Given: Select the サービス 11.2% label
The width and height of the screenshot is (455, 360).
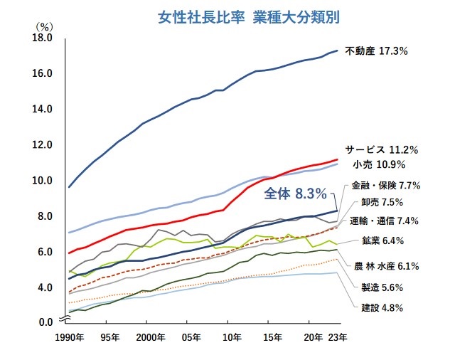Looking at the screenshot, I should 381,150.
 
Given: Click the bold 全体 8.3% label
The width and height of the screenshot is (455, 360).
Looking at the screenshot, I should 295,193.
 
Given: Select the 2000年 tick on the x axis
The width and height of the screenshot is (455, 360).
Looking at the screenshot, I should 149,337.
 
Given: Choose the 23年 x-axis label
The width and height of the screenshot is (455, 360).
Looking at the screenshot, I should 338,337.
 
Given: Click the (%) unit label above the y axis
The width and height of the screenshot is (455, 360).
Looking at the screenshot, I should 44,26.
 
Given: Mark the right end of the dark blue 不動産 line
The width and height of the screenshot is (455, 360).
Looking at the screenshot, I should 337,51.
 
